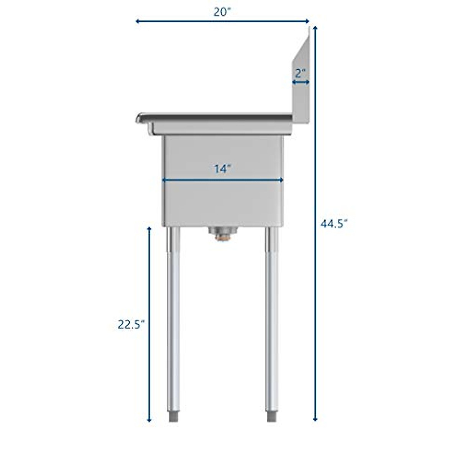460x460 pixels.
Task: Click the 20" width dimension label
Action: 222,12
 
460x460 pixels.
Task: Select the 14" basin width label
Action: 222,169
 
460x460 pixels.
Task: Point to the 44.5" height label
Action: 334,223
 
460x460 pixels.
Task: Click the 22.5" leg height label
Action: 131,325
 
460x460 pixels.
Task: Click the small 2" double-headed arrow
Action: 301,82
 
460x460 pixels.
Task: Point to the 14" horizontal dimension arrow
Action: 222,180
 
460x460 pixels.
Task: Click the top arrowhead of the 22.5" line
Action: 149,229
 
